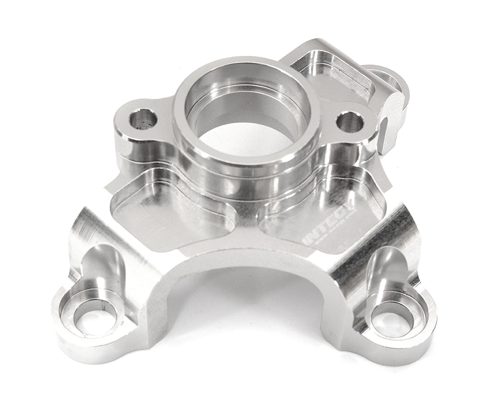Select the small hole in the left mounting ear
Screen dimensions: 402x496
coord(143,118)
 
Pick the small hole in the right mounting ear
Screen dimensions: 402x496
coord(350,121)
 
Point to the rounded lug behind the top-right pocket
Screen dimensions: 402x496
coord(389,79)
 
